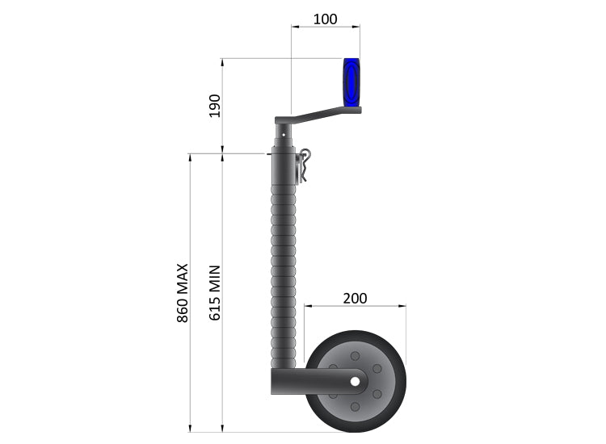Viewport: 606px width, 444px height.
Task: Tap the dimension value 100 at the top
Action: coord(325,19)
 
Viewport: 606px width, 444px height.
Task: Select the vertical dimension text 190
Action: coord(214,106)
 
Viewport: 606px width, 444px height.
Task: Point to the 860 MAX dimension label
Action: coord(183,292)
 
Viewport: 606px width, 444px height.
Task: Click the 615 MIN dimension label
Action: coord(215,292)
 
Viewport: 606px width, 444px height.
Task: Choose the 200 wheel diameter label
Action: coord(355,298)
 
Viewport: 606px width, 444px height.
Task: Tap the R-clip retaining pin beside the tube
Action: coord(305,165)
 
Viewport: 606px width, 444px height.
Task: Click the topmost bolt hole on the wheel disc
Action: coord(354,356)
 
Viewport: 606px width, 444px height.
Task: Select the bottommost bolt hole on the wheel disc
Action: coord(354,405)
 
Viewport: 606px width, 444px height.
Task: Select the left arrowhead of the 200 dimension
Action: coord(307,307)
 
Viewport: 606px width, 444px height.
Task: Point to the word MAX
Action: coord(183,277)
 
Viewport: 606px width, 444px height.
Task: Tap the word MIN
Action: coord(215,279)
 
